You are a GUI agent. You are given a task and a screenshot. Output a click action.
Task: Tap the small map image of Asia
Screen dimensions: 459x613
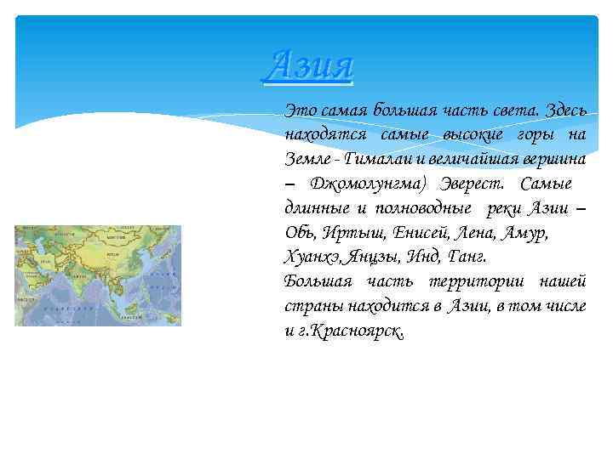click(x=98, y=275)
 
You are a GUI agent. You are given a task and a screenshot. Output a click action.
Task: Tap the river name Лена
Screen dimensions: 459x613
click(x=480, y=232)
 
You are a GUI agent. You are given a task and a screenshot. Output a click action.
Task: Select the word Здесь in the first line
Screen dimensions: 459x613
click(x=563, y=110)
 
